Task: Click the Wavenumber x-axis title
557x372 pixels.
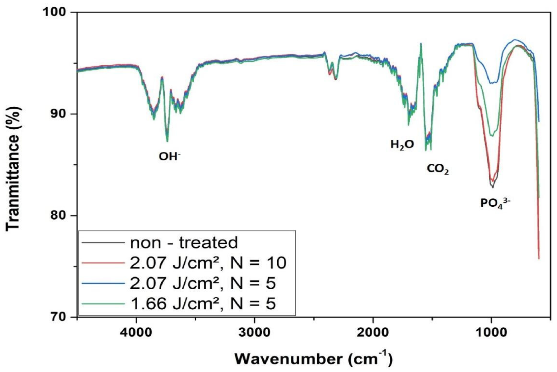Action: pyautogui.click(x=313, y=358)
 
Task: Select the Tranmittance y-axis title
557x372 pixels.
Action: pyautogui.click(x=13, y=169)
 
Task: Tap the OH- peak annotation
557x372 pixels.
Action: pyautogui.click(x=170, y=156)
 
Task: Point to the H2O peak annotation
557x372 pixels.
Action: pyautogui.click(x=402, y=145)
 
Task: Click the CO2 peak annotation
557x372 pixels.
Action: pyautogui.click(x=438, y=169)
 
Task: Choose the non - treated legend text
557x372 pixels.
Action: pyautogui.click(x=184, y=243)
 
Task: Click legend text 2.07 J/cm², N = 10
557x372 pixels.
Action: pyautogui.click(x=208, y=263)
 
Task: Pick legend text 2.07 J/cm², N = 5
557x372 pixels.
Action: pyautogui.click(x=203, y=283)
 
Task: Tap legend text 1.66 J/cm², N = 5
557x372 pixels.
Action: pyautogui.click(x=203, y=304)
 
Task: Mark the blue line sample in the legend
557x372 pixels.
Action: pyautogui.click(x=103, y=283)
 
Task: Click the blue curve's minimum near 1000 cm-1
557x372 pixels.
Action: pyautogui.click(x=492, y=83)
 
